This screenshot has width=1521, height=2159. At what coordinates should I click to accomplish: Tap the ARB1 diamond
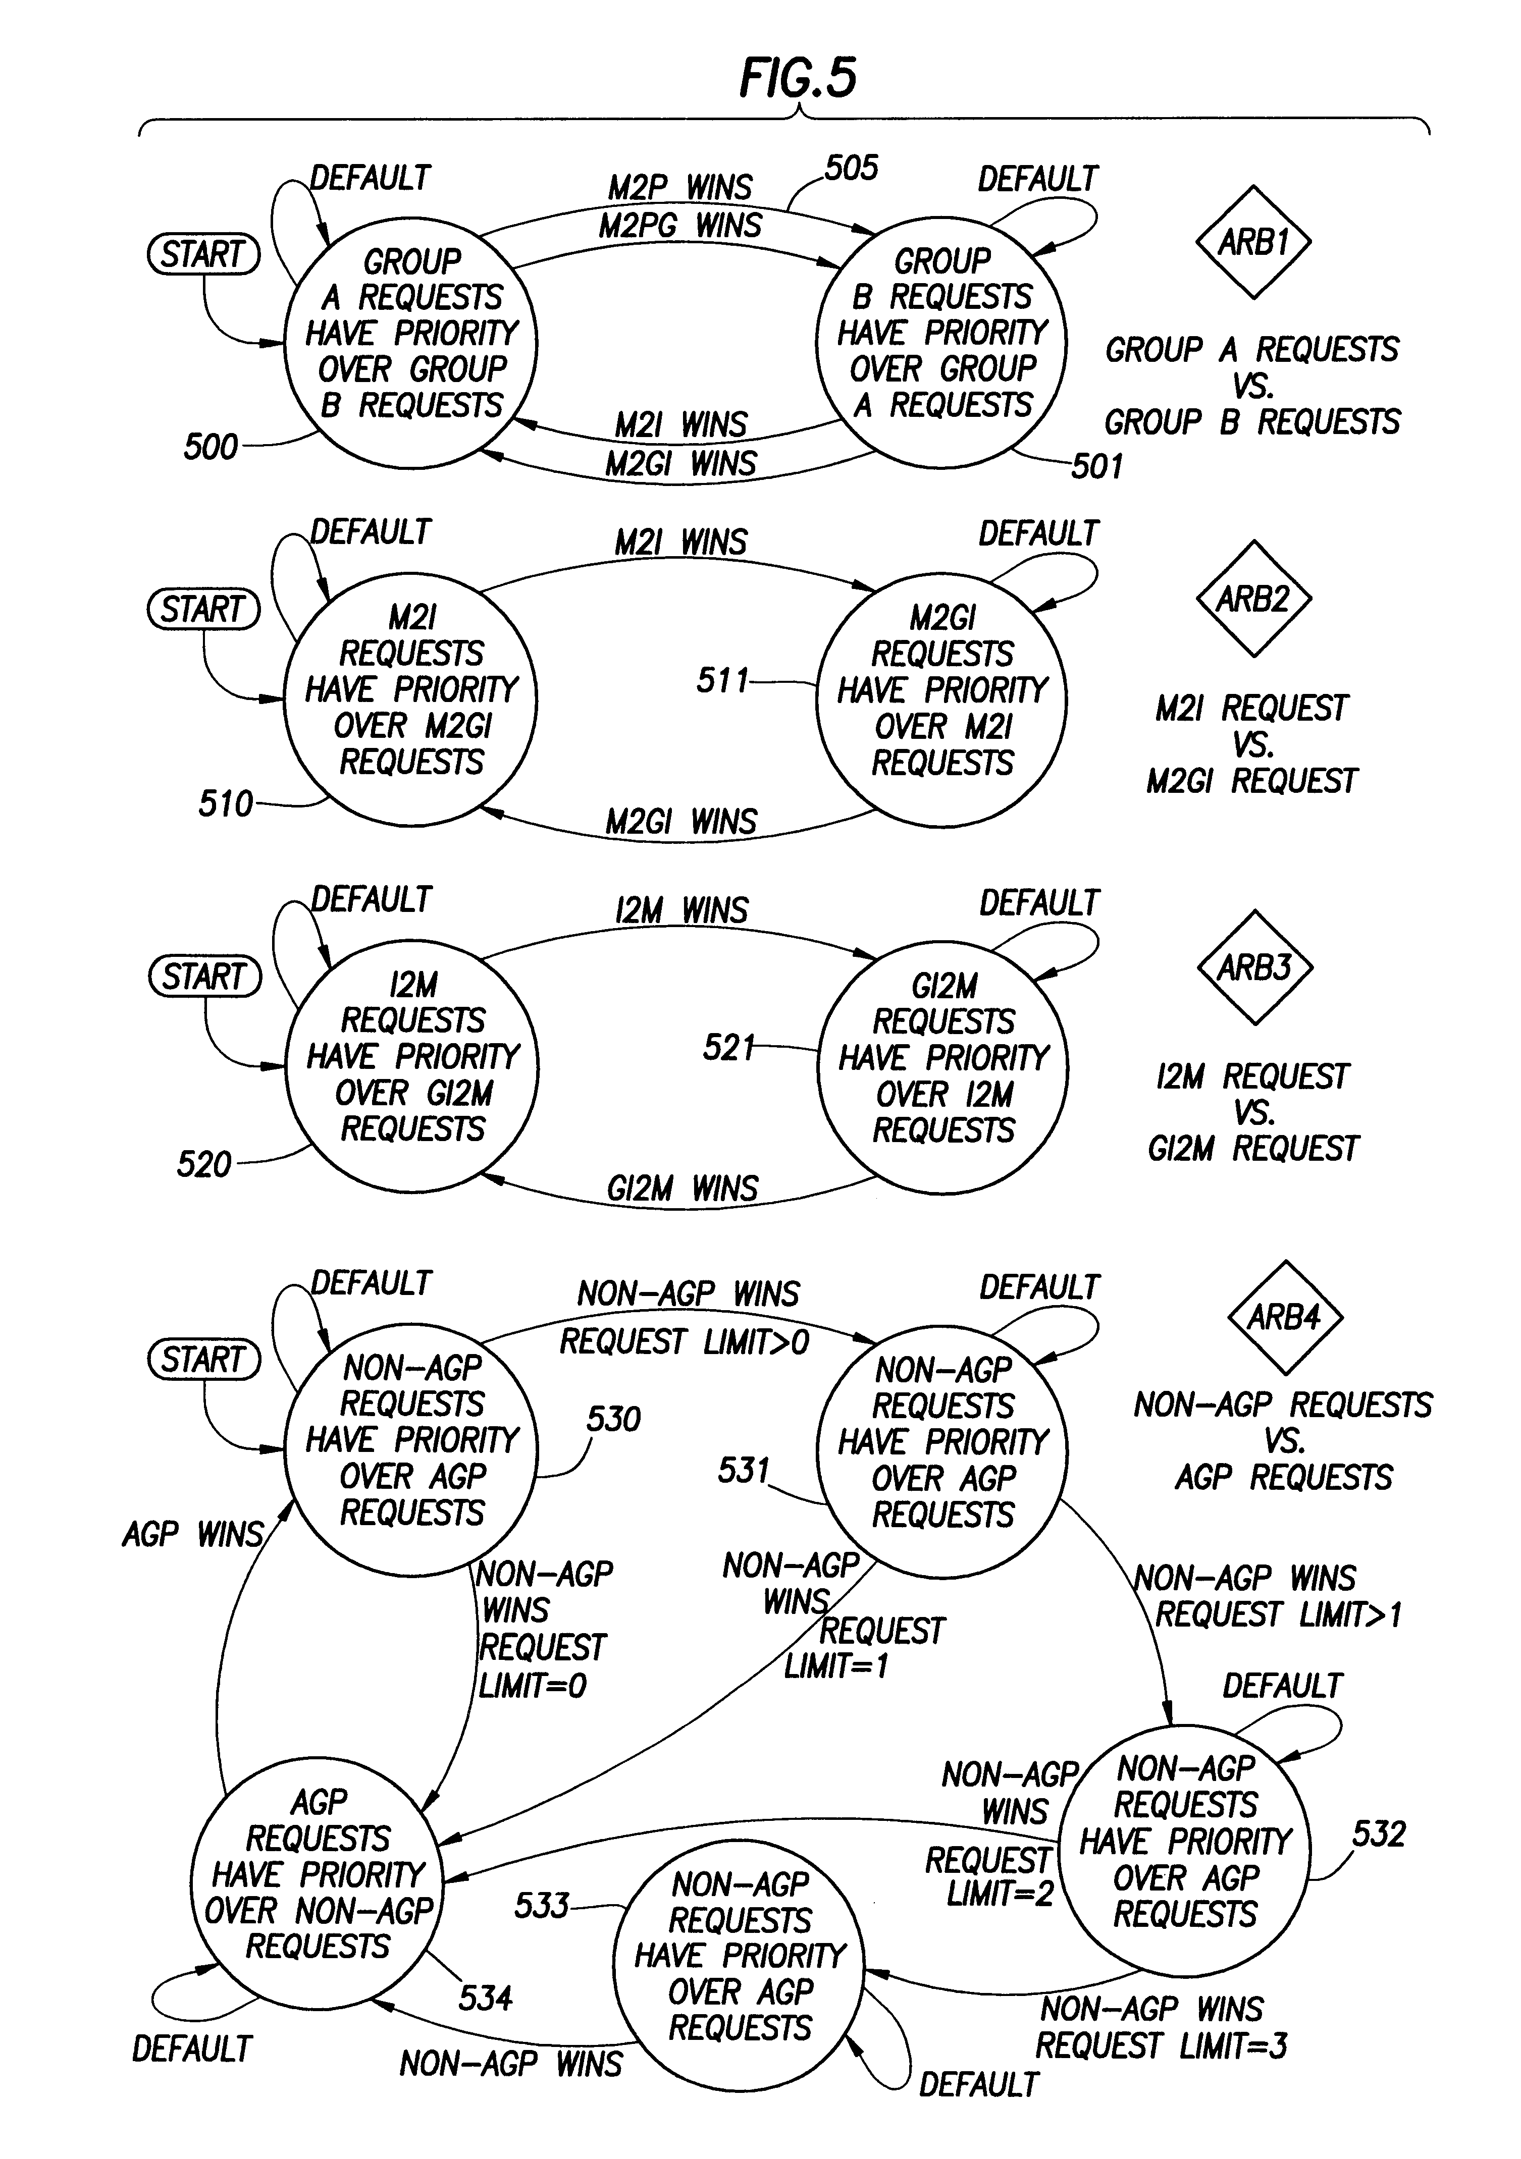click(1253, 243)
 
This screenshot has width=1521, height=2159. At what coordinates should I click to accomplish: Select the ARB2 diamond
click(1253, 598)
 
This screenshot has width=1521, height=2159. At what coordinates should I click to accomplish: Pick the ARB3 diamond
click(1255, 966)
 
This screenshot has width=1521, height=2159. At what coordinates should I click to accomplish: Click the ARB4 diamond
click(1285, 1317)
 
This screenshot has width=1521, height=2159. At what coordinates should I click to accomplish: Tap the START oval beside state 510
click(203, 609)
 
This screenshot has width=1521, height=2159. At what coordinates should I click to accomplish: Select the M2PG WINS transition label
click(681, 226)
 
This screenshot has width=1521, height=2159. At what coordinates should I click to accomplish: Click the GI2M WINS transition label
click(682, 1189)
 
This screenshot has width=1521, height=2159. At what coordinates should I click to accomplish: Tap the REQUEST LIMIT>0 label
click(685, 1342)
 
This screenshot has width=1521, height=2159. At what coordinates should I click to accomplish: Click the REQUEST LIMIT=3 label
click(1162, 2045)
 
